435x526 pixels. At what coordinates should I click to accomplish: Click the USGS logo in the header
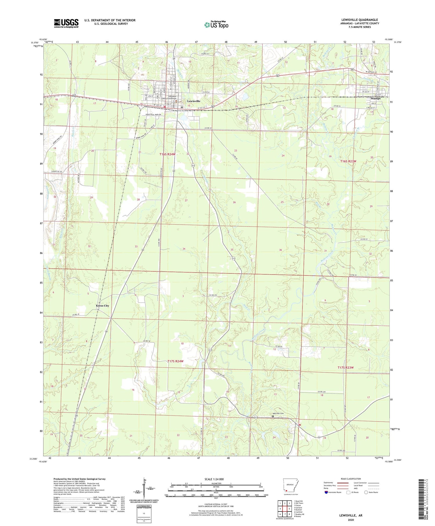pos(66,23)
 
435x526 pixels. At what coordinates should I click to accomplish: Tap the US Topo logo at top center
pos(216,25)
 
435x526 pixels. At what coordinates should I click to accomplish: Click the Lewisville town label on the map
pos(193,101)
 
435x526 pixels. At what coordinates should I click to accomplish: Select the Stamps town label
pos(376,98)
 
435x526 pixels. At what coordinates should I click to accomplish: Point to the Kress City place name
pos(102,306)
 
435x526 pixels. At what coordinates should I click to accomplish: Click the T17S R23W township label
pos(346,367)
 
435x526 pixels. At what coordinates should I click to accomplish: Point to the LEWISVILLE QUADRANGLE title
pos(360,20)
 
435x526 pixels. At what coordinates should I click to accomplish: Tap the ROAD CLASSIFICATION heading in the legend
pos(351,479)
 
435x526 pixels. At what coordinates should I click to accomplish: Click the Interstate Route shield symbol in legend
pos(326,492)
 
